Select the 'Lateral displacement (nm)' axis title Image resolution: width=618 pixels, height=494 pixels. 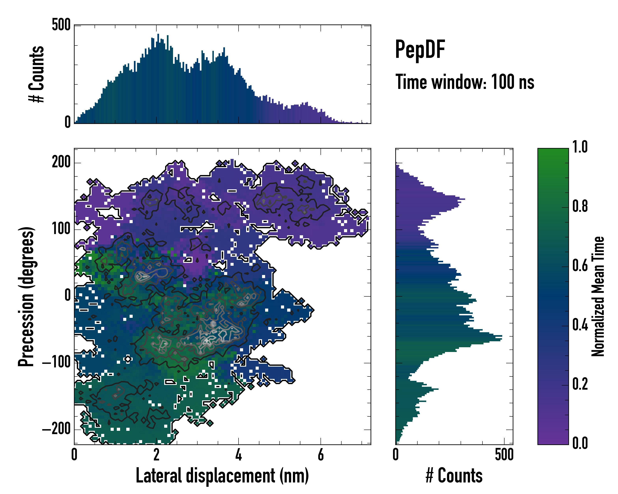(x=222, y=476)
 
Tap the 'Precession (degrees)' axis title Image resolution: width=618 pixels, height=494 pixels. (x=26, y=297)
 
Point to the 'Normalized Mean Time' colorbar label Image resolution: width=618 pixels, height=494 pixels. (x=598, y=296)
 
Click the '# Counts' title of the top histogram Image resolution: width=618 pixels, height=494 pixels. (x=36, y=74)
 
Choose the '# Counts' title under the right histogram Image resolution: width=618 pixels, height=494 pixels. (x=454, y=476)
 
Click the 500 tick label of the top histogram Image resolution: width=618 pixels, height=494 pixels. (x=61, y=25)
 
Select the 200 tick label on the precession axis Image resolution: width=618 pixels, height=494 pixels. (x=61, y=162)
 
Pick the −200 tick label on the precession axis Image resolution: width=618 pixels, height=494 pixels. (x=56, y=429)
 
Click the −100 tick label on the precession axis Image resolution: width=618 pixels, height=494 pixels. (x=56, y=362)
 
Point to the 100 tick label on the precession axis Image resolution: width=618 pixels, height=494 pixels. (x=61, y=229)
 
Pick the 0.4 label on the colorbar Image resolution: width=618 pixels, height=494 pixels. (x=580, y=325)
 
